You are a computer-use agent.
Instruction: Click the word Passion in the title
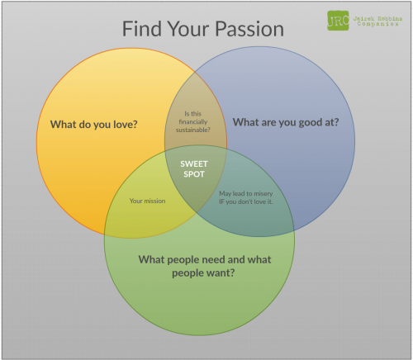point(249,29)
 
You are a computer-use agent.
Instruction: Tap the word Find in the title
point(142,29)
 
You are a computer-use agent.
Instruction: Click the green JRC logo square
point(338,21)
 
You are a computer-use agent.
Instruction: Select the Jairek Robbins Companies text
point(377,21)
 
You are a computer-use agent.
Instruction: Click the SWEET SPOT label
point(194,169)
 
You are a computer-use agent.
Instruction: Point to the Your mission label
point(148,201)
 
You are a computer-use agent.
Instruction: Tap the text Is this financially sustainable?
point(193,121)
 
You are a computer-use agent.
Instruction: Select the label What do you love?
point(94,125)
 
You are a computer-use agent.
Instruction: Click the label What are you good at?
point(286,122)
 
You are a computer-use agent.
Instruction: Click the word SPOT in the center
point(194,174)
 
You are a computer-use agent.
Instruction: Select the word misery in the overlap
point(263,194)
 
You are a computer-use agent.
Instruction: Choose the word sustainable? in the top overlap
point(193,130)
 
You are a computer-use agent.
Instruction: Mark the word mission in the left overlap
point(155,201)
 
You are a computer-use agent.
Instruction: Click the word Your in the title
point(188,29)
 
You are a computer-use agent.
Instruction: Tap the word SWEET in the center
point(194,164)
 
